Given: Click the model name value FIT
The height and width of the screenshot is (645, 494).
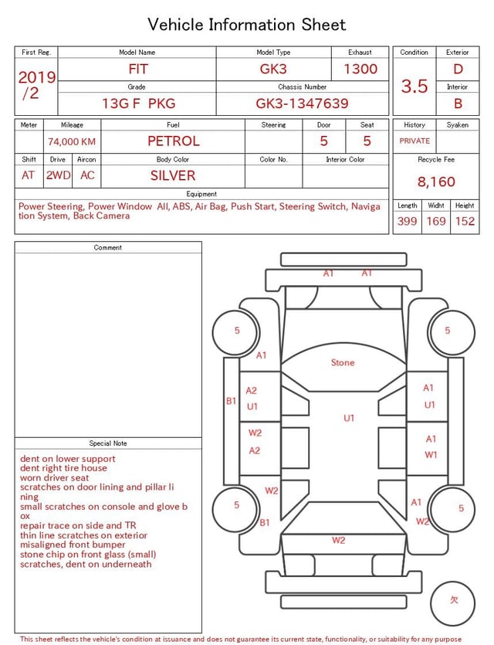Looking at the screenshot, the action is (x=138, y=69).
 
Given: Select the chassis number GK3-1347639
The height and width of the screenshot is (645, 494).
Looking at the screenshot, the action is (x=302, y=104).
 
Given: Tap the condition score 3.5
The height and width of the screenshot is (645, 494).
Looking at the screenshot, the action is (x=414, y=86).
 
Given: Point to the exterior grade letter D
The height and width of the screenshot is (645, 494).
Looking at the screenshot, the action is (x=458, y=69).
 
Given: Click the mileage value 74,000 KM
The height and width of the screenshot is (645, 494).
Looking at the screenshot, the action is (x=72, y=141).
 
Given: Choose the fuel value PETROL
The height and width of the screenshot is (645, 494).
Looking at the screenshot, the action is (x=174, y=141).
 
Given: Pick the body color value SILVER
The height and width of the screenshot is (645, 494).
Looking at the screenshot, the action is (x=173, y=175).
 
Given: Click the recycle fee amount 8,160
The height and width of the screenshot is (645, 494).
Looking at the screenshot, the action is (x=436, y=182).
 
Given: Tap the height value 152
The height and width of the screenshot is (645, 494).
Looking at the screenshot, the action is (x=465, y=221).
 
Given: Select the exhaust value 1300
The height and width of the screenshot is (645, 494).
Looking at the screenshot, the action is (x=360, y=69).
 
